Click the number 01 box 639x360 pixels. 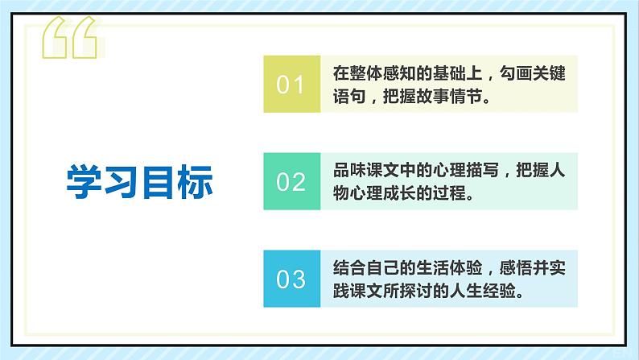click(291, 84)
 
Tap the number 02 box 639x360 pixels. click(291, 181)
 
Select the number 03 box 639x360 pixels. click(291, 279)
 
